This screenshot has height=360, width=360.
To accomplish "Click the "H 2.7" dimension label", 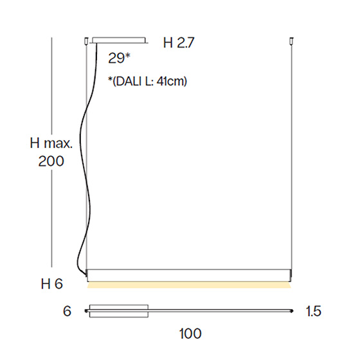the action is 179,42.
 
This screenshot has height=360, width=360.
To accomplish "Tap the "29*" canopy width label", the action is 119,58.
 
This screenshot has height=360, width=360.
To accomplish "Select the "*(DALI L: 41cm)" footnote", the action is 147,81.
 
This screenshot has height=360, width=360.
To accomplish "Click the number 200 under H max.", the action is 51,161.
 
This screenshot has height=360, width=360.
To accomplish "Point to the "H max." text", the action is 51,143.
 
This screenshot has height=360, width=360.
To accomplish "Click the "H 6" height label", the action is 52,283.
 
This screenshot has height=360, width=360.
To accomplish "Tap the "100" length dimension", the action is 190,334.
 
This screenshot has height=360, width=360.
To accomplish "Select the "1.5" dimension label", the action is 314,311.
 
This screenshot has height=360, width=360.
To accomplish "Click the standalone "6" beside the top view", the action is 67,311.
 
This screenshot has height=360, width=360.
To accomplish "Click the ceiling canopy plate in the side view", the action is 119,40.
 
